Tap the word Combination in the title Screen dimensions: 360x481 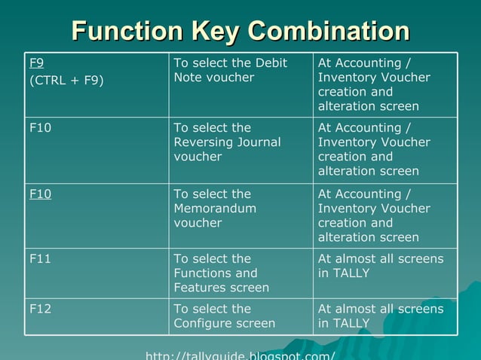click(x=329, y=31)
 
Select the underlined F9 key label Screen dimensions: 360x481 click(x=35, y=63)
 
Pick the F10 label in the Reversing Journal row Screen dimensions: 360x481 click(x=40, y=128)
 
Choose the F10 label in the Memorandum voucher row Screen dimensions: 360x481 click(x=40, y=194)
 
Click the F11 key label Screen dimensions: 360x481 click(x=39, y=259)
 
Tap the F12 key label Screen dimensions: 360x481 click(x=40, y=309)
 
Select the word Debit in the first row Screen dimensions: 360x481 click(x=271, y=63)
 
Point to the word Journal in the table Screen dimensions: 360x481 click(x=259, y=142)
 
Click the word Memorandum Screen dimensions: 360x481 click(x=215, y=209)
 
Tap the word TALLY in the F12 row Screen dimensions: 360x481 click(x=351, y=324)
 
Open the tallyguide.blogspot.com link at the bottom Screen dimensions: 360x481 click(x=240, y=355)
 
